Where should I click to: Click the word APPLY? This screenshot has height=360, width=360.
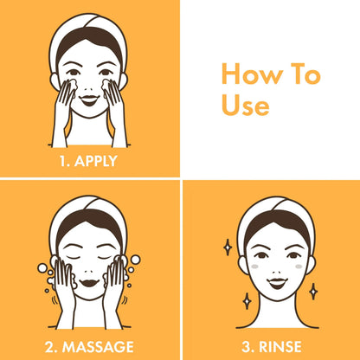click(x=96, y=161)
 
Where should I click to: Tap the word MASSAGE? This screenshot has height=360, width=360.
click(x=98, y=347)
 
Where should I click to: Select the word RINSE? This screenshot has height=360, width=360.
click(x=280, y=347)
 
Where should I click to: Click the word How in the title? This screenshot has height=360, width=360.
click(x=253, y=74)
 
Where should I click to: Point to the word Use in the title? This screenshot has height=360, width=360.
click(x=246, y=106)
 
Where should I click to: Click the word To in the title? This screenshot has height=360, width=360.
click(x=305, y=74)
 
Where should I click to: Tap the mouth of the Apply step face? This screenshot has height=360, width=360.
click(x=89, y=100)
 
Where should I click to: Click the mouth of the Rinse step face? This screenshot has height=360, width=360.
click(x=277, y=283)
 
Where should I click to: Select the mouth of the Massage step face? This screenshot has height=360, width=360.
click(x=89, y=283)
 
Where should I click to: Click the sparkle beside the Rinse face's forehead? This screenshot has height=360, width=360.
click(x=228, y=247)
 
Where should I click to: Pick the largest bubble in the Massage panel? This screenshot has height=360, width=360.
click(x=42, y=268)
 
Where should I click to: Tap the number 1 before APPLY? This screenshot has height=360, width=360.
click(x=63, y=161)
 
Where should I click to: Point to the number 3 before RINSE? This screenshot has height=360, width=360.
click(x=247, y=347)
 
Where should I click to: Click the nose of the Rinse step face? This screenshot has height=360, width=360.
click(x=277, y=272)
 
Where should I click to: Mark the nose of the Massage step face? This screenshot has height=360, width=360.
click(x=89, y=272)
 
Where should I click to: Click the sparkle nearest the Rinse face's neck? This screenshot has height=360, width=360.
click(x=247, y=301)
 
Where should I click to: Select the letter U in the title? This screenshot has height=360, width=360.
click(x=230, y=106)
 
